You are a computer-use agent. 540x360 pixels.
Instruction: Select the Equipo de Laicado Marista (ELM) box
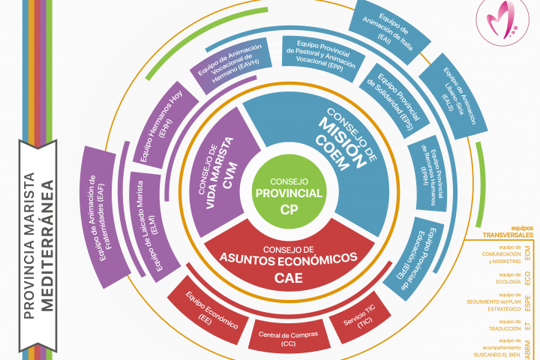point(149,225)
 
